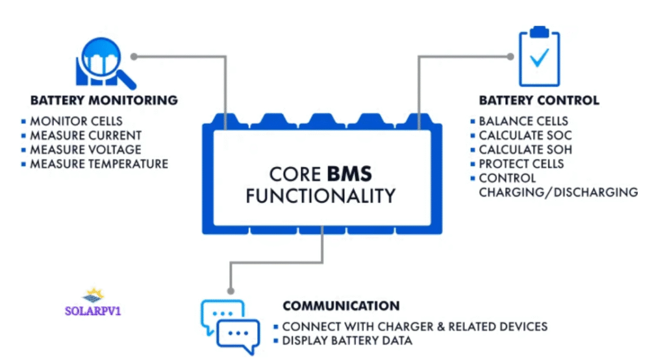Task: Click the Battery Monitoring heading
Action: point(104,101)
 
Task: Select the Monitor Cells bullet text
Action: point(76,121)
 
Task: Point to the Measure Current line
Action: point(86,135)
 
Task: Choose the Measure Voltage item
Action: point(86,149)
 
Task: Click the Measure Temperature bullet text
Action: point(99,164)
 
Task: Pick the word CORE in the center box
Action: point(294,174)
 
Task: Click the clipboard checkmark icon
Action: point(539,58)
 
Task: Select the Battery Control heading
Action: point(539,101)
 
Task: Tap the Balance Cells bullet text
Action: point(523,121)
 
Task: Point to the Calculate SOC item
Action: point(525,135)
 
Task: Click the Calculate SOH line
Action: point(525,149)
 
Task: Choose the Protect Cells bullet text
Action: point(522,164)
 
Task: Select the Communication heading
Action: point(341,305)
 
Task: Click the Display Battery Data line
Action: point(347,341)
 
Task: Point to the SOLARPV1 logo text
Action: point(94,311)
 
